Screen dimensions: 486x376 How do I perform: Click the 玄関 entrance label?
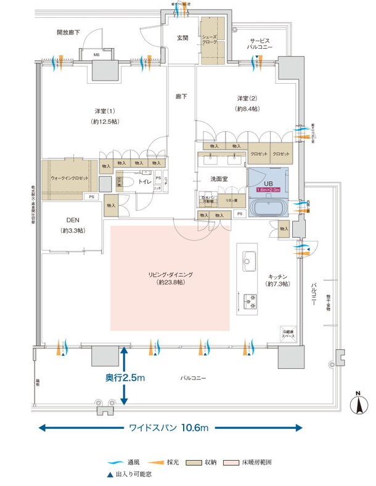point(182,38)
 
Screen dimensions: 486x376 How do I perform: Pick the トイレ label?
point(145,182)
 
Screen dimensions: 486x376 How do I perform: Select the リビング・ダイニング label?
point(170,275)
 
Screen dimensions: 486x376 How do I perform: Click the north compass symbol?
point(356,404)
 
